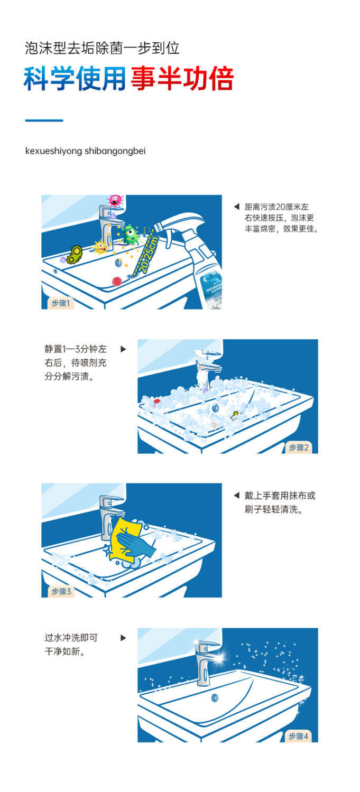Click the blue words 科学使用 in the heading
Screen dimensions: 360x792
75,79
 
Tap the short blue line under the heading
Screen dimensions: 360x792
44,120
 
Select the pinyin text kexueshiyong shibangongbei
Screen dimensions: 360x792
85,151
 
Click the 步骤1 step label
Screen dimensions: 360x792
60,303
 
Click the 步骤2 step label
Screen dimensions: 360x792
299,448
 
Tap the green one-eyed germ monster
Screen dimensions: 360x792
130,235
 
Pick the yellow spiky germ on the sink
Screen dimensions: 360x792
100,247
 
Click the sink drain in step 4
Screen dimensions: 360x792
215,697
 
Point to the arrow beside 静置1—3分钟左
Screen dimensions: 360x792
123,349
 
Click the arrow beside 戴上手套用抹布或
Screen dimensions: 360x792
236,496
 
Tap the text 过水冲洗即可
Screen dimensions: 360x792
71,638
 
